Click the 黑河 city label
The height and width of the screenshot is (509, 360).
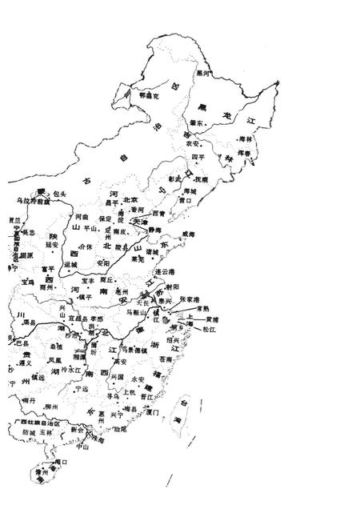(204, 73)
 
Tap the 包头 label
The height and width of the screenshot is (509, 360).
(59, 194)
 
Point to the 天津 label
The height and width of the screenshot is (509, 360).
(140, 220)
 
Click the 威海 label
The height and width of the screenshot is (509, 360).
(188, 233)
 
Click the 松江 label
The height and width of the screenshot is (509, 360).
(210, 328)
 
